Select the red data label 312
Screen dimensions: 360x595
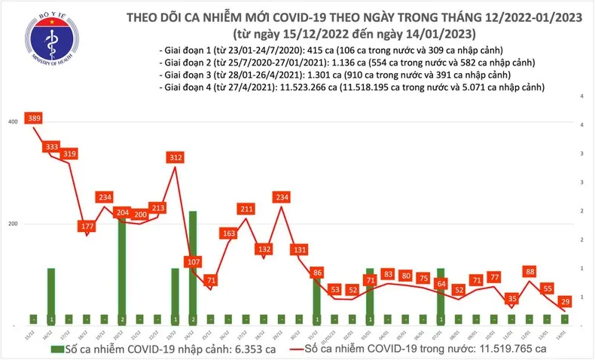click(x=175, y=157)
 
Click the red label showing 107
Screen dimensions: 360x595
click(x=194, y=262)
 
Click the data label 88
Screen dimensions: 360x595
click(x=532, y=272)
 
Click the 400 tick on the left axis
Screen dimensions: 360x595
click(x=11, y=122)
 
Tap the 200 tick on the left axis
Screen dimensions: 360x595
click(x=11, y=224)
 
